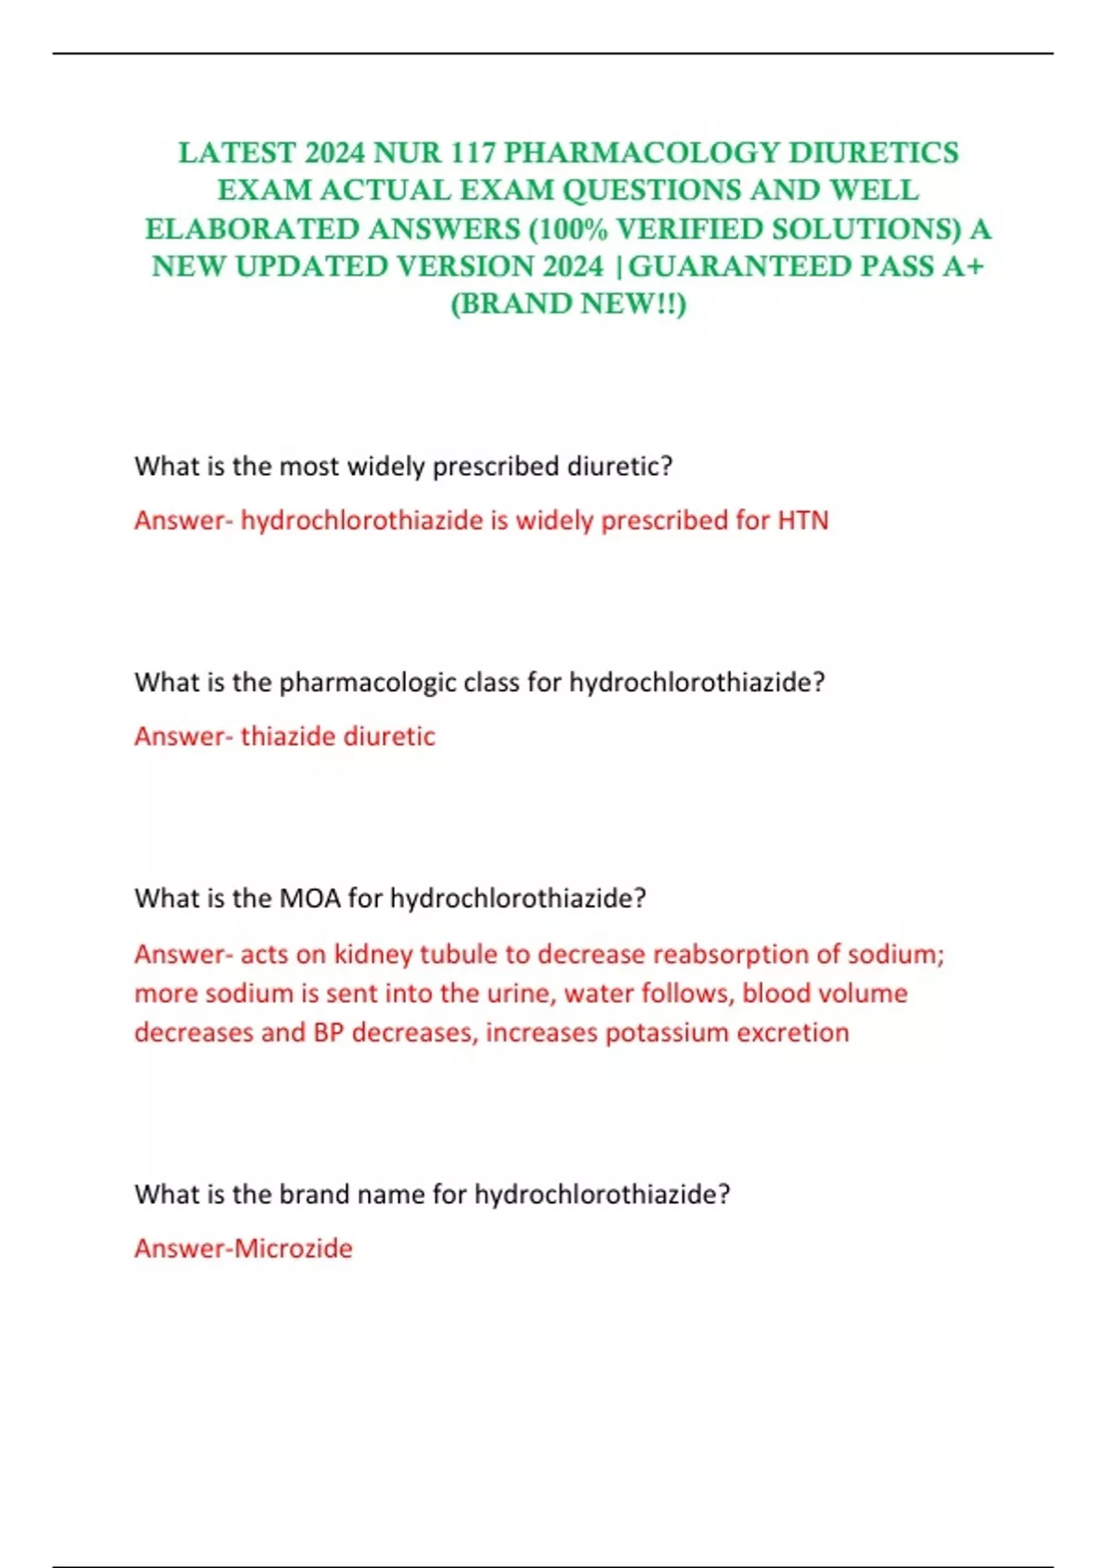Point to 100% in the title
pyautogui.click(x=572, y=229)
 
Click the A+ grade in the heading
pyautogui.click(x=963, y=267)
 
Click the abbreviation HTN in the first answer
pyautogui.click(x=803, y=520)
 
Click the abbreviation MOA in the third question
pyautogui.click(x=310, y=898)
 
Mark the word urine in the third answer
pyautogui.click(x=521, y=993)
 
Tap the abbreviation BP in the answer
pyautogui.click(x=328, y=1032)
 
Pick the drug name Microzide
pyautogui.click(x=293, y=1248)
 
